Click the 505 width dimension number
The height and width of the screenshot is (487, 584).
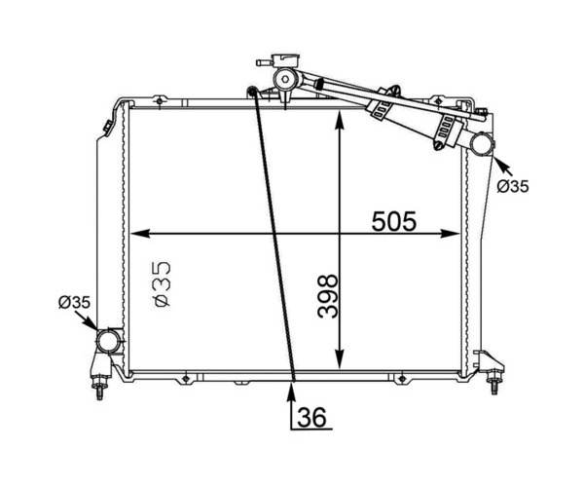coord(393,221)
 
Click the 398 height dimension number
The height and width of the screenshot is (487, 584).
coord(328,297)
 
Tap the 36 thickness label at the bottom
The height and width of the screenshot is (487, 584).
coord(311,417)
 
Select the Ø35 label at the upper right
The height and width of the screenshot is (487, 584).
coord(513,186)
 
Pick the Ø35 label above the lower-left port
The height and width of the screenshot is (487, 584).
coord(74,302)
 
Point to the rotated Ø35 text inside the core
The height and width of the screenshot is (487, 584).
coord(163,284)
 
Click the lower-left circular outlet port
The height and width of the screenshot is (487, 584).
coord(109,341)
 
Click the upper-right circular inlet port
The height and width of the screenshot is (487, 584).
coord(482,144)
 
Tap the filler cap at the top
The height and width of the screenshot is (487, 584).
coord(286,60)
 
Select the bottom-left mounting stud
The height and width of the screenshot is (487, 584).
coord(99,388)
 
